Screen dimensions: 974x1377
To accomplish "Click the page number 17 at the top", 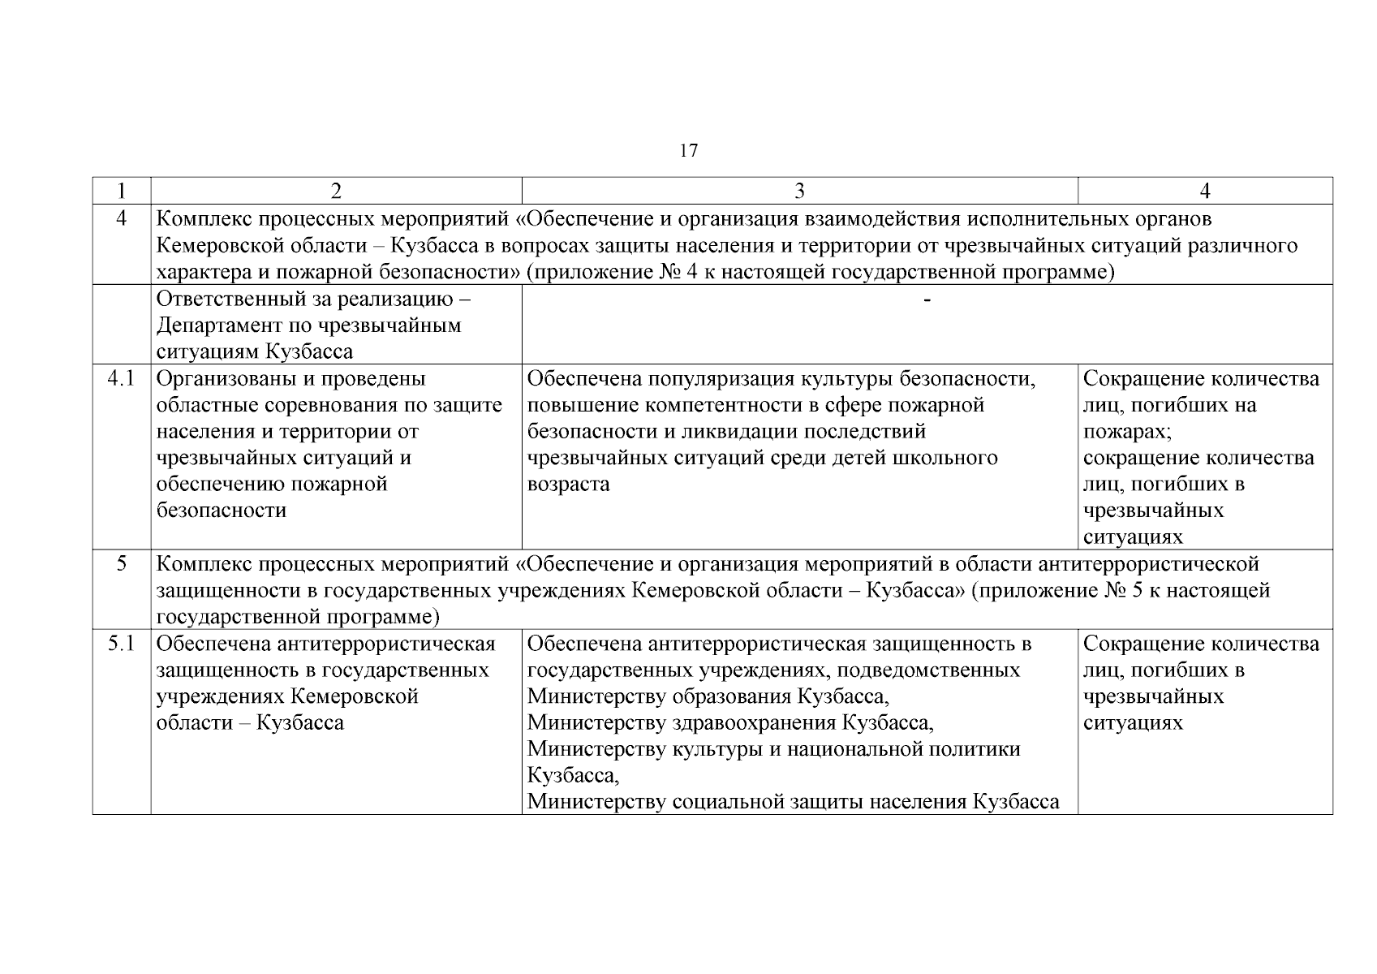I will tap(688, 151).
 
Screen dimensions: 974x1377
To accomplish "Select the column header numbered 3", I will tap(799, 191).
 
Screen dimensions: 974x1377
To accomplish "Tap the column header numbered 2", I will tap(336, 191).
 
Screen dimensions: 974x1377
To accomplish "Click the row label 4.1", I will tap(122, 379).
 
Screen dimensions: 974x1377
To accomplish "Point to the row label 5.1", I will tap(122, 644).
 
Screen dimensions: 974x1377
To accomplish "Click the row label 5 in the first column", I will tap(122, 563).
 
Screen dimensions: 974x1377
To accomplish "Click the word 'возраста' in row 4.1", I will tap(568, 485).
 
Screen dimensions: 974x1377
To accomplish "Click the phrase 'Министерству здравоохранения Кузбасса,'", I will tap(730, 722).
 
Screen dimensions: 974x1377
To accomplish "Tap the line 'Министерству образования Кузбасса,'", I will tap(708, 696).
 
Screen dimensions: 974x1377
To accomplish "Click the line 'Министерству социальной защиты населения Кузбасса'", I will tap(793, 802).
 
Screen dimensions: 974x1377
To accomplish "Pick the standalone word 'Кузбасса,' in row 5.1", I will tap(573, 775).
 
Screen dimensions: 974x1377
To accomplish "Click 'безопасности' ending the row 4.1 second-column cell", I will tap(221, 511).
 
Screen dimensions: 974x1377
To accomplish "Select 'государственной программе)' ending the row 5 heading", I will tap(297, 617).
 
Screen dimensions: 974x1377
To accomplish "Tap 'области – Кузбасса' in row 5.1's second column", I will tap(249, 722).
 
